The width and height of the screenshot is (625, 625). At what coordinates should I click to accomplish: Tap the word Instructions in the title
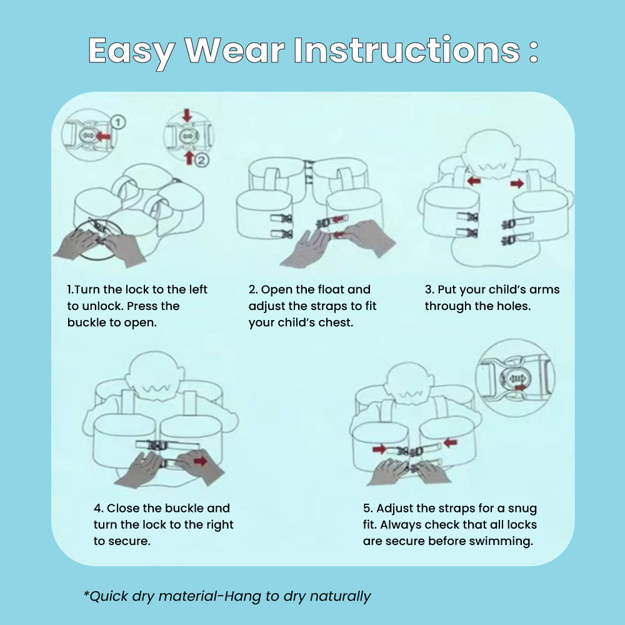click(x=407, y=49)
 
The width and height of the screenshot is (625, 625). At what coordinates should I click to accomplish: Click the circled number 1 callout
click(x=118, y=122)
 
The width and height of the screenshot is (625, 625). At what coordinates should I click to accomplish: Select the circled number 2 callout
click(x=202, y=160)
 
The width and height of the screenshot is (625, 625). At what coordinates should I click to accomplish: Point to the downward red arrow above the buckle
click(x=187, y=115)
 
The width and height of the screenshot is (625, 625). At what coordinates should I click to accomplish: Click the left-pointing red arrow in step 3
click(x=474, y=181)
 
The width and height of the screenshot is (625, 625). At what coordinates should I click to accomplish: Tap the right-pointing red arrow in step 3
click(x=517, y=183)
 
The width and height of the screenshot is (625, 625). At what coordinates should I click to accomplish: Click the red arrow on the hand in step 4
click(x=200, y=461)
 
